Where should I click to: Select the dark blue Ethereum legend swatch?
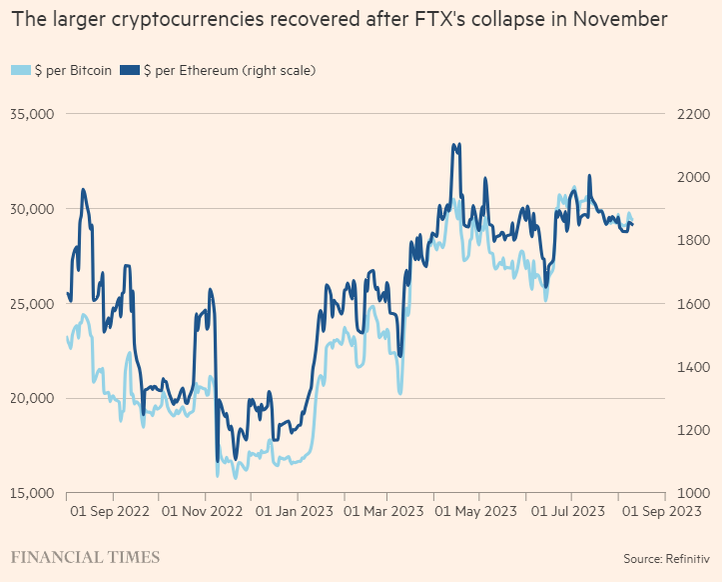tap(129, 70)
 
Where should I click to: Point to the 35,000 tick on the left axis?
tap(32, 115)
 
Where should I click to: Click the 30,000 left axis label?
tap(32, 210)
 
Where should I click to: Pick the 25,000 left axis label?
tap(32, 304)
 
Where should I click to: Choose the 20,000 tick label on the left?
tap(32, 399)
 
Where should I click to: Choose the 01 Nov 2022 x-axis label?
tap(207, 512)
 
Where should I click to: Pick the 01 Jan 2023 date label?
tap(296, 512)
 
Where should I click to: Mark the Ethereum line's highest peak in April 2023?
tap(454, 145)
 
